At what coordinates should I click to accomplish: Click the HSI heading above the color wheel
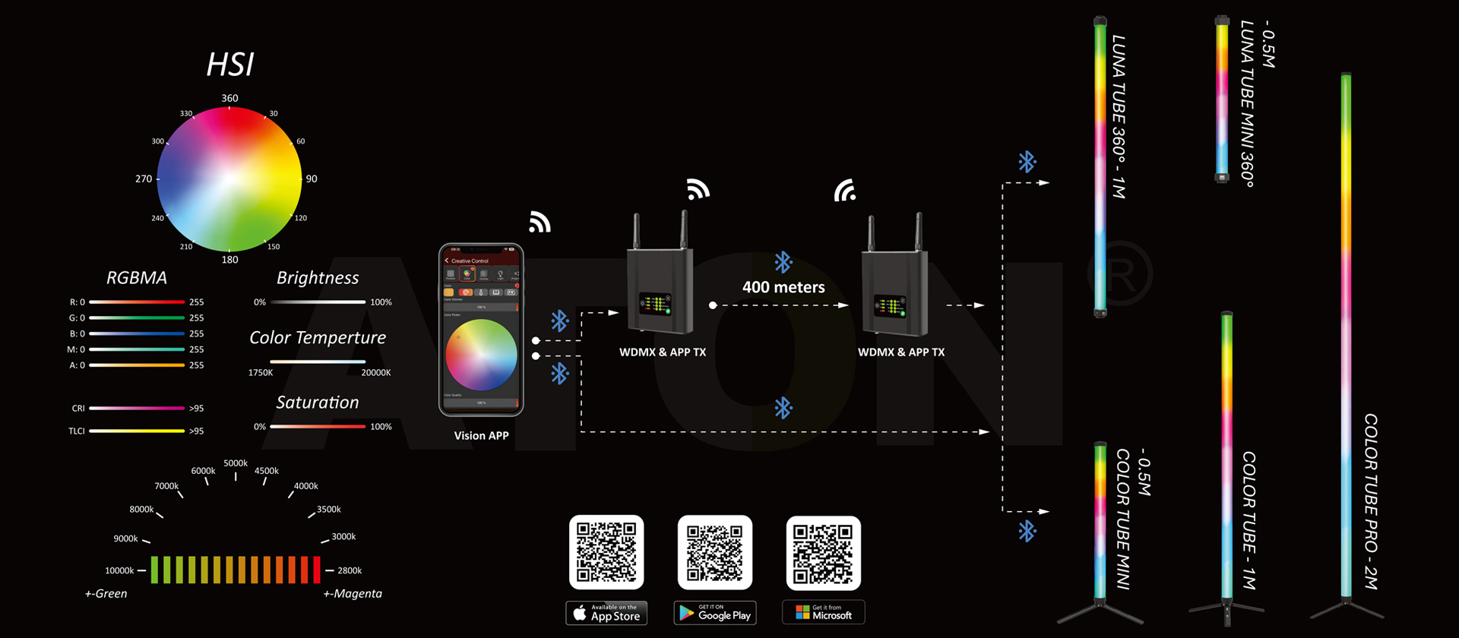pyautogui.click(x=230, y=65)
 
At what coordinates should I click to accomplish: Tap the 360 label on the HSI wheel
pyautogui.click(x=229, y=98)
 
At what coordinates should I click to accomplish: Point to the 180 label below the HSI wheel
pyautogui.click(x=229, y=260)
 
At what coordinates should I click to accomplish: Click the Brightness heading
pyautogui.click(x=318, y=278)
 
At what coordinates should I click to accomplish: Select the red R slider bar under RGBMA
pyautogui.click(x=137, y=302)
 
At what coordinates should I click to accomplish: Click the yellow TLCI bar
pyautogui.click(x=137, y=431)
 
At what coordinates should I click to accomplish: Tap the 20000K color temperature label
pyautogui.click(x=376, y=372)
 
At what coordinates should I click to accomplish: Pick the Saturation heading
pyautogui.click(x=318, y=403)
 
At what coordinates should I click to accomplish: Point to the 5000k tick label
pyautogui.click(x=236, y=463)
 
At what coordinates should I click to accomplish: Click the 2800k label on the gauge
pyautogui.click(x=350, y=570)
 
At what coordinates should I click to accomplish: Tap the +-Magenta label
pyautogui.click(x=353, y=594)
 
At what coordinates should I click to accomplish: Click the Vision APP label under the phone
pyautogui.click(x=481, y=436)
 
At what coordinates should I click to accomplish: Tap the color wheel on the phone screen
pyautogui.click(x=481, y=355)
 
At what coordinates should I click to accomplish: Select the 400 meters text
pyautogui.click(x=783, y=287)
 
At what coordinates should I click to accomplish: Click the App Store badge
pyautogui.click(x=606, y=612)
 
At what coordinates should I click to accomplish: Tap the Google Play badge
pyautogui.click(x=715, y=612)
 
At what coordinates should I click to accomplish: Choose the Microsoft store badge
pyautogui.click(x=824, y=612)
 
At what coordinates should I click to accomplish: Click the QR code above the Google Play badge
pyautogui.click(x=715, y=553)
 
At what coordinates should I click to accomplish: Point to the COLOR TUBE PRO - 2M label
pyautogui.click(x=1371, y=501)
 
